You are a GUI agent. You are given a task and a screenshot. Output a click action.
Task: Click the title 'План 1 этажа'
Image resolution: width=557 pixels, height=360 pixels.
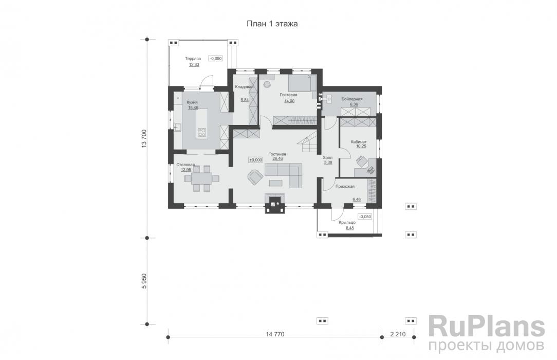point(272,24)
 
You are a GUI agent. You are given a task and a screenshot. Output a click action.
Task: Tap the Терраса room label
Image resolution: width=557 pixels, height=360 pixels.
point(193,59)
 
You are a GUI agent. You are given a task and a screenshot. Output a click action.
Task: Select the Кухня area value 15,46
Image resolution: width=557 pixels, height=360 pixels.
point(193,107)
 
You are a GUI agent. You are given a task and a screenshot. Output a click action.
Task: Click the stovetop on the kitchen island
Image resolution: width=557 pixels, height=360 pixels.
point(201,133)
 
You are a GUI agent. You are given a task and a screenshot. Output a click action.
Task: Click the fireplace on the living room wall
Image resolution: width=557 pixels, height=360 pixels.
point(274,203)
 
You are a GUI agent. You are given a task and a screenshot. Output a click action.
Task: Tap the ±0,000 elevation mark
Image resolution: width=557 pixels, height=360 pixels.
point(255,160)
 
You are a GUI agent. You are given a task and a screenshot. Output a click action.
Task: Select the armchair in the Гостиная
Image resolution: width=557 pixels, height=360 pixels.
point(255,177)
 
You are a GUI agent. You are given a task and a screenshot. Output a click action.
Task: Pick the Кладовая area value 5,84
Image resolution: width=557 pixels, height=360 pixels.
point(245,100)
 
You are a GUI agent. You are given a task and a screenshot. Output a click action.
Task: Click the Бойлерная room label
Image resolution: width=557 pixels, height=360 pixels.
point(352,99)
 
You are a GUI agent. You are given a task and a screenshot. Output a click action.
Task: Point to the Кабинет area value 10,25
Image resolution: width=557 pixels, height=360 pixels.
point(361,146)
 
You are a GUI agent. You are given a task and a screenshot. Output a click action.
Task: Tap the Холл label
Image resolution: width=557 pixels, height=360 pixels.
point(327,157)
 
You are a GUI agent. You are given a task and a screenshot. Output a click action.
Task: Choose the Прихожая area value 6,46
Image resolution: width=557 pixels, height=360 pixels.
point(357,200)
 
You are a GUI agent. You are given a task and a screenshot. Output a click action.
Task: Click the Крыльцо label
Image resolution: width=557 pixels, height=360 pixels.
point(347,223)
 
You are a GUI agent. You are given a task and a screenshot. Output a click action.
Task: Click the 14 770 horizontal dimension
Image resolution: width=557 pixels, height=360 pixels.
point(275,334)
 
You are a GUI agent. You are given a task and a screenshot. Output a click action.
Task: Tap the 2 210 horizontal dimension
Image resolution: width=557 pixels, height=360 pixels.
point(398,334)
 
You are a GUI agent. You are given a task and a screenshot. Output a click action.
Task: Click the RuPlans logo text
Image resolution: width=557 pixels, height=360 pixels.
point(486,327)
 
